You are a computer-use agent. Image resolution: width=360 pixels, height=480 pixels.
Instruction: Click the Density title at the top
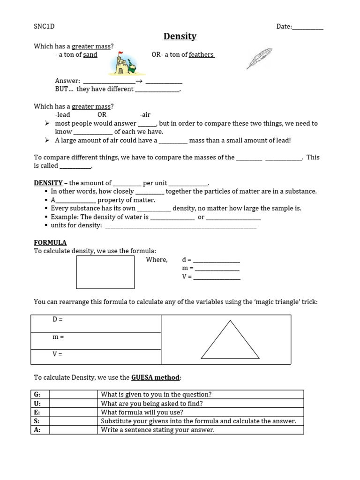pyautogui.click(x=180, y=37)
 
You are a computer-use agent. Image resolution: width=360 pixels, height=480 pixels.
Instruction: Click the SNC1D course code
pyautogui.click(x=44, y=26)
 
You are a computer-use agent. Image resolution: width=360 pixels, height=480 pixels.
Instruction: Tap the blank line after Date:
pyautogui.click(x=308, y=27)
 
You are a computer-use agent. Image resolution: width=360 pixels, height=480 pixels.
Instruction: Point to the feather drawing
pyautogui.click(x=259, y=58)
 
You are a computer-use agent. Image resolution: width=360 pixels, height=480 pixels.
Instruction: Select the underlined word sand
pyautogui.click(x=90, y=55)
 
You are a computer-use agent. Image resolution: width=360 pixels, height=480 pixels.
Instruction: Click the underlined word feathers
pyautogui.click(x=201, y=55)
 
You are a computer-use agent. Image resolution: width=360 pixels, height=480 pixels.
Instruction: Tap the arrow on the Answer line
pyautogui.click(x=139, y=81)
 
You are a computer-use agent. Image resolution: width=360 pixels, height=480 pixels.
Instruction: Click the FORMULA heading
pyautogui.click(x=50, y=242)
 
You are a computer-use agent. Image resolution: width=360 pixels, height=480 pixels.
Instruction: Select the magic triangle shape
pyautogui.click(x=230, y=341)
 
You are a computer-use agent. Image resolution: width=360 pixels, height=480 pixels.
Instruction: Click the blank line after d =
pyautogui.click(x=217, y=260)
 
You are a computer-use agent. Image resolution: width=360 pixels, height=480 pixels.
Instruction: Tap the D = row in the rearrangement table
pyautogui.click(x=96, y=323)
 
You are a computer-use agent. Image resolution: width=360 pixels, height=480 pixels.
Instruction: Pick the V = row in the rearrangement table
pyautogui.click(x=96, y=356)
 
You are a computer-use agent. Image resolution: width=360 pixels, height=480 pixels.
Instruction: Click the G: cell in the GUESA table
pyautogui.click(x=40, y=394)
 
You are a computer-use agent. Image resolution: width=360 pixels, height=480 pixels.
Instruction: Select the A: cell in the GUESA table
pyautogui.click(x=40, y=430)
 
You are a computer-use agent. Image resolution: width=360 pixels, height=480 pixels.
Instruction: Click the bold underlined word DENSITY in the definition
pyautogui.click(x=48, y=183)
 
